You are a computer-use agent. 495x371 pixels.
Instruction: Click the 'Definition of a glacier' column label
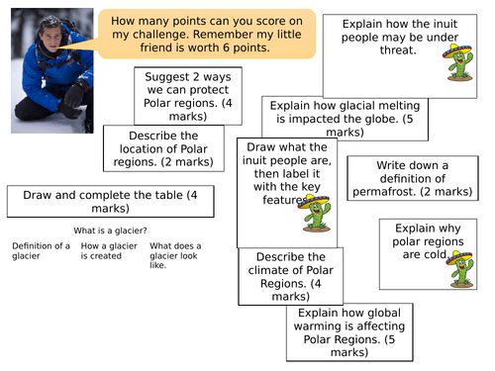coord(41,250)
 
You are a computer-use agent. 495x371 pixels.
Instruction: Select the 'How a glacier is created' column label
coord(109,250)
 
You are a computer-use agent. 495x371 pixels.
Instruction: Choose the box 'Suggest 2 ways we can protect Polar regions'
coord(187,95)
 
